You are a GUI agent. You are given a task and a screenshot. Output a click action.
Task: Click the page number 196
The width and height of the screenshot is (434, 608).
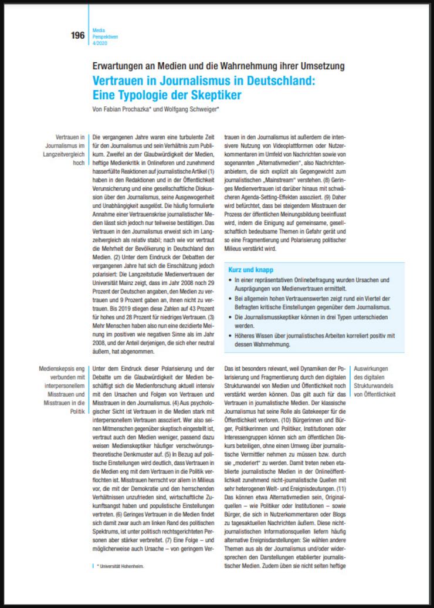pos(77,35)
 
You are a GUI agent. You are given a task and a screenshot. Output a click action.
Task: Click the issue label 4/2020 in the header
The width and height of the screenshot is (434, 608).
pos(100,43)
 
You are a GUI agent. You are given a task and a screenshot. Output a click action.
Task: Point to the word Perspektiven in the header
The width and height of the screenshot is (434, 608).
pos(106,36)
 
